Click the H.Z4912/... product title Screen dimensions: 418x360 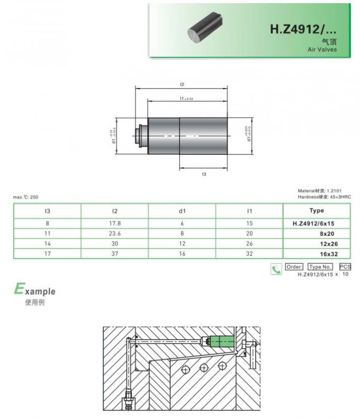click(303, 29)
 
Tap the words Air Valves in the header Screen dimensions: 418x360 click(322, 49)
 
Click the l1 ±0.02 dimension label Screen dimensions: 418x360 click(186, 99)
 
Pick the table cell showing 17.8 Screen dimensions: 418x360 click(114, 223)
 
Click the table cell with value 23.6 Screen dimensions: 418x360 click(114, 233)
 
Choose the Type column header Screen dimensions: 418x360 click(317, 211)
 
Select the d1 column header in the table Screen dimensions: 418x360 click(182, 211)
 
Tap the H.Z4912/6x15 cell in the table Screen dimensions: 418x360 click(313, 223)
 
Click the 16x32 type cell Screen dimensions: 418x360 click(329, 254)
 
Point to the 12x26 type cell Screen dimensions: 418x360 click(329, 244)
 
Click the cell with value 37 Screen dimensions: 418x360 click(114, 254)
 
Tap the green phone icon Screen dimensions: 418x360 click(276, 270)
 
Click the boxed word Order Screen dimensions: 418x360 click(294, 266)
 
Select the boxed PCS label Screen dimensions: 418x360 click(345, 266)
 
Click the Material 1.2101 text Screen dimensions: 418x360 click(324, 191)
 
